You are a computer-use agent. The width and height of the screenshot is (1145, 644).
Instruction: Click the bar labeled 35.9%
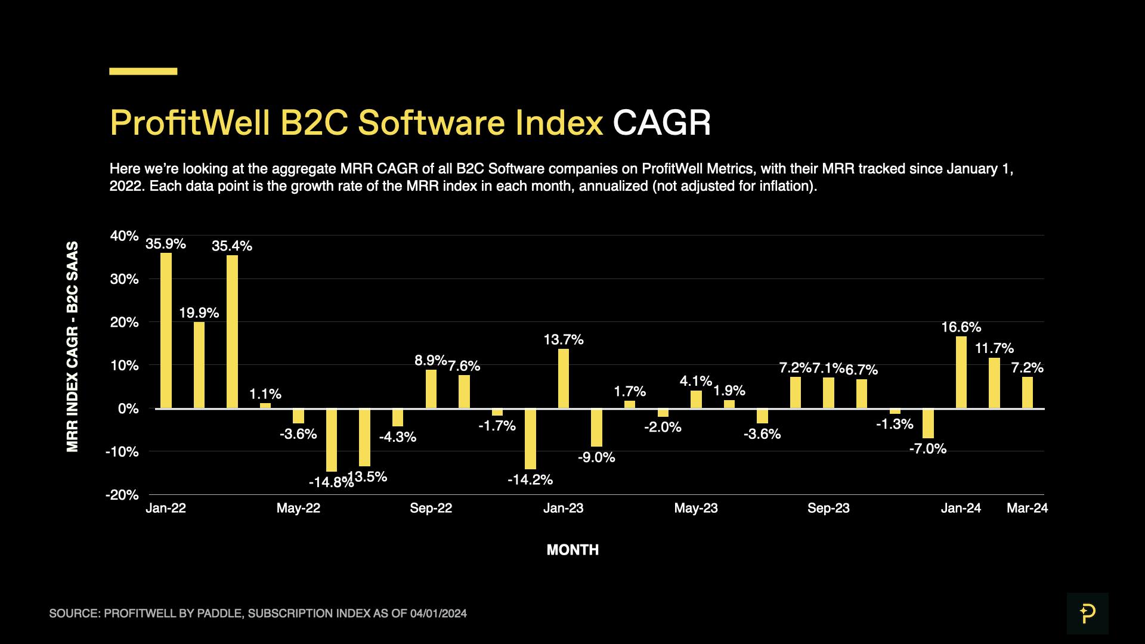pyautogui.click(x=166, y=330)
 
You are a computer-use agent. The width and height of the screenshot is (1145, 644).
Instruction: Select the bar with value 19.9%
pyautogui.click(x=199, y=365)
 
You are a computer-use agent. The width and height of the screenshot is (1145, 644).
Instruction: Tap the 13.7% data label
pyautogui.click(x=563, y=340)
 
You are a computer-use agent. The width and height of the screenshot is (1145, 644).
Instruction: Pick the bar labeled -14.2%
pyautogui.click(x=530, y=439)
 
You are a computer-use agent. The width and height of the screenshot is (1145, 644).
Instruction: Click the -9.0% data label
pyautogui.click(x=596, y=457)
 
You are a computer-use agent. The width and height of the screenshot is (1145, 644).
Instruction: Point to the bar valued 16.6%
pyautogui.click(x=961, y=372)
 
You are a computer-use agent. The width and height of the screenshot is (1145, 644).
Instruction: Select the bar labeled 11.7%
pyautogui.click(x=994, y=383)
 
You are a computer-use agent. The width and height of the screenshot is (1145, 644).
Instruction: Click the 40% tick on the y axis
pyautogui.click(x=124, y=236)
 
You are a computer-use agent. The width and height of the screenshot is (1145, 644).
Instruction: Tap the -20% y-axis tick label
pyautogui.click(x=122, y=495)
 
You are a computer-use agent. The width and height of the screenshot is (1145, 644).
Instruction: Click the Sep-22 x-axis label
pyautogui.click(x=431, y=508)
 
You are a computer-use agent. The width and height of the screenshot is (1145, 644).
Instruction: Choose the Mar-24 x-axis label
pyautogui.click(x=1027, y=508)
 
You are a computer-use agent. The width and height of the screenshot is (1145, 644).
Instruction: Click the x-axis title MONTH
pyautogui.click(x=572, y=550)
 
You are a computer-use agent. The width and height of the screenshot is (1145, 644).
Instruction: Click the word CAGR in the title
pyautogui.click(x=661, y=123)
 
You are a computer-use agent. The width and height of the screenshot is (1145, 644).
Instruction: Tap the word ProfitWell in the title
pyautogui.click(x=190, y=123)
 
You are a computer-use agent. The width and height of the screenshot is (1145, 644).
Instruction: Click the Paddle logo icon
pyautogui.click(x=1087, y=613)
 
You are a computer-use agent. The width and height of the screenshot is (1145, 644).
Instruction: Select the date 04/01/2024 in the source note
pyautogui.click(x=438, y=614)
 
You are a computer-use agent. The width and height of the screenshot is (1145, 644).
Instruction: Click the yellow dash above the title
pyautogui.click(x=143, y=71)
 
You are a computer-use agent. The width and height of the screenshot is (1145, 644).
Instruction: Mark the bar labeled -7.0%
pyautogui.click(x=928, y=423)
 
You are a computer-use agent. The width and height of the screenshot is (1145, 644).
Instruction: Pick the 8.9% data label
pyautogui.click(x=430, y=360)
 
